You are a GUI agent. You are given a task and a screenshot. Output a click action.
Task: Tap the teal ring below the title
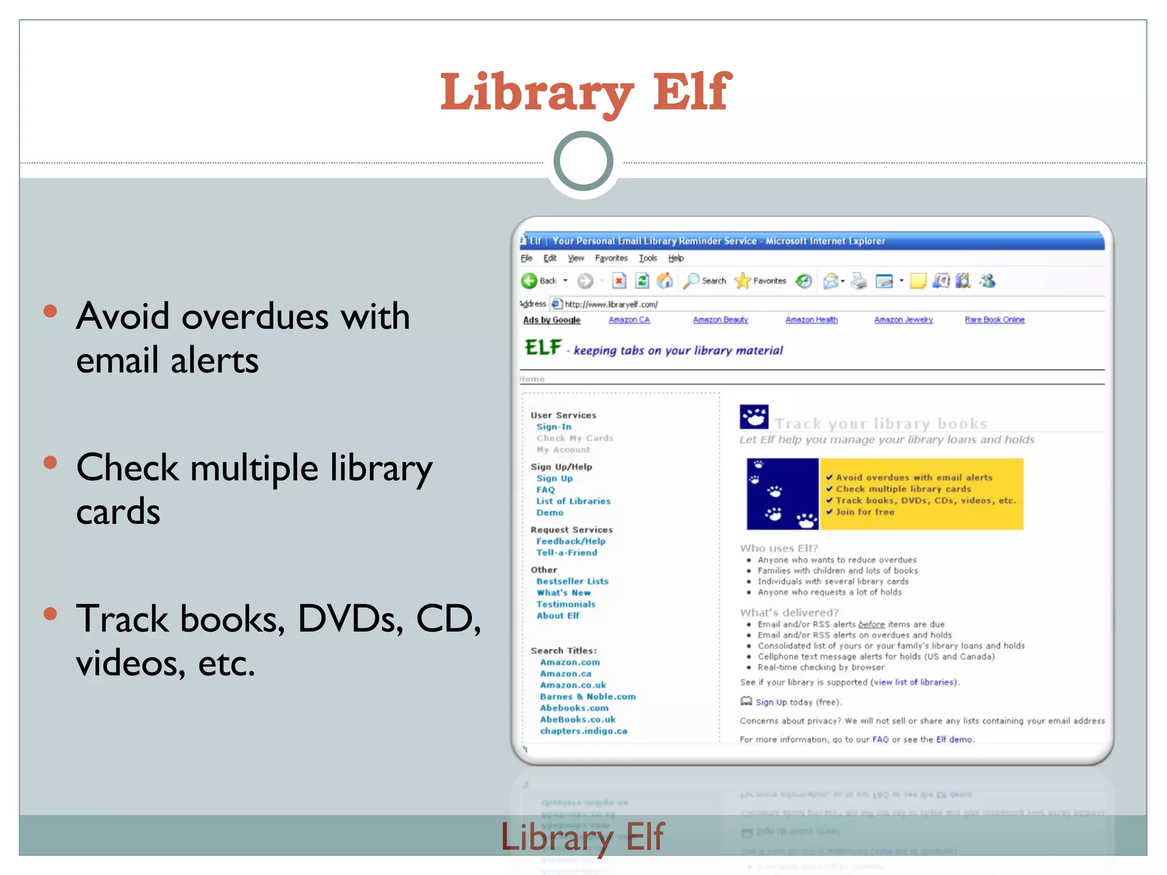(x=583, y=161)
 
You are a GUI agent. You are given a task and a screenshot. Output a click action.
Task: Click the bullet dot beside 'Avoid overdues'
(x=51, y=311)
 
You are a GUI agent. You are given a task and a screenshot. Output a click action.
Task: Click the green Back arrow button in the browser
(x=529, y=281)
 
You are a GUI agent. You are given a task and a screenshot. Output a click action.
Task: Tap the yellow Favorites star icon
(x=742, y=281)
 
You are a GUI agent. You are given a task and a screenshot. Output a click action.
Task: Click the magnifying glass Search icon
(x=691, y=281)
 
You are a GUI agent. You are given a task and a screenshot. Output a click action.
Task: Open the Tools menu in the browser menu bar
(x=648, y=258)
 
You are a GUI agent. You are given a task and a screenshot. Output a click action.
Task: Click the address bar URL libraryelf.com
(x=611, y=304)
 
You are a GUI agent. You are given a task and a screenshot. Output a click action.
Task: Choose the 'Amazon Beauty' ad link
(x=720, y=320)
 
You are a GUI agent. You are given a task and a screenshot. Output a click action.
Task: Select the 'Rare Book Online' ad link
(x=994, y=320)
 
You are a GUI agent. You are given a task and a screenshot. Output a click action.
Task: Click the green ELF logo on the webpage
(x=542, y=347)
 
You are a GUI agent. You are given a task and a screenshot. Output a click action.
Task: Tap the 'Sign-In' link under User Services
(x=553, y=427)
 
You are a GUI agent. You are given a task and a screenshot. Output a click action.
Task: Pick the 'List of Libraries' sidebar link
(x=573, y=501)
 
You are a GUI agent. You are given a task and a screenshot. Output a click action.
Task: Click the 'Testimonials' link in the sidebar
(x=565, y=604)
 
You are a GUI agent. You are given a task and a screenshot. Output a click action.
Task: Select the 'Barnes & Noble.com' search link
(x=587, y=697)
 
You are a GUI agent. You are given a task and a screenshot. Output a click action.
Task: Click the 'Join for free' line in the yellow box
(x=864, y=512)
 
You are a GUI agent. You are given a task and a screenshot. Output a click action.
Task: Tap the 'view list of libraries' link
(x=914, y=682)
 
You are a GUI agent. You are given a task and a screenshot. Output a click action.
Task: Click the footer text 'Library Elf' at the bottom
(x=582, y=837)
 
